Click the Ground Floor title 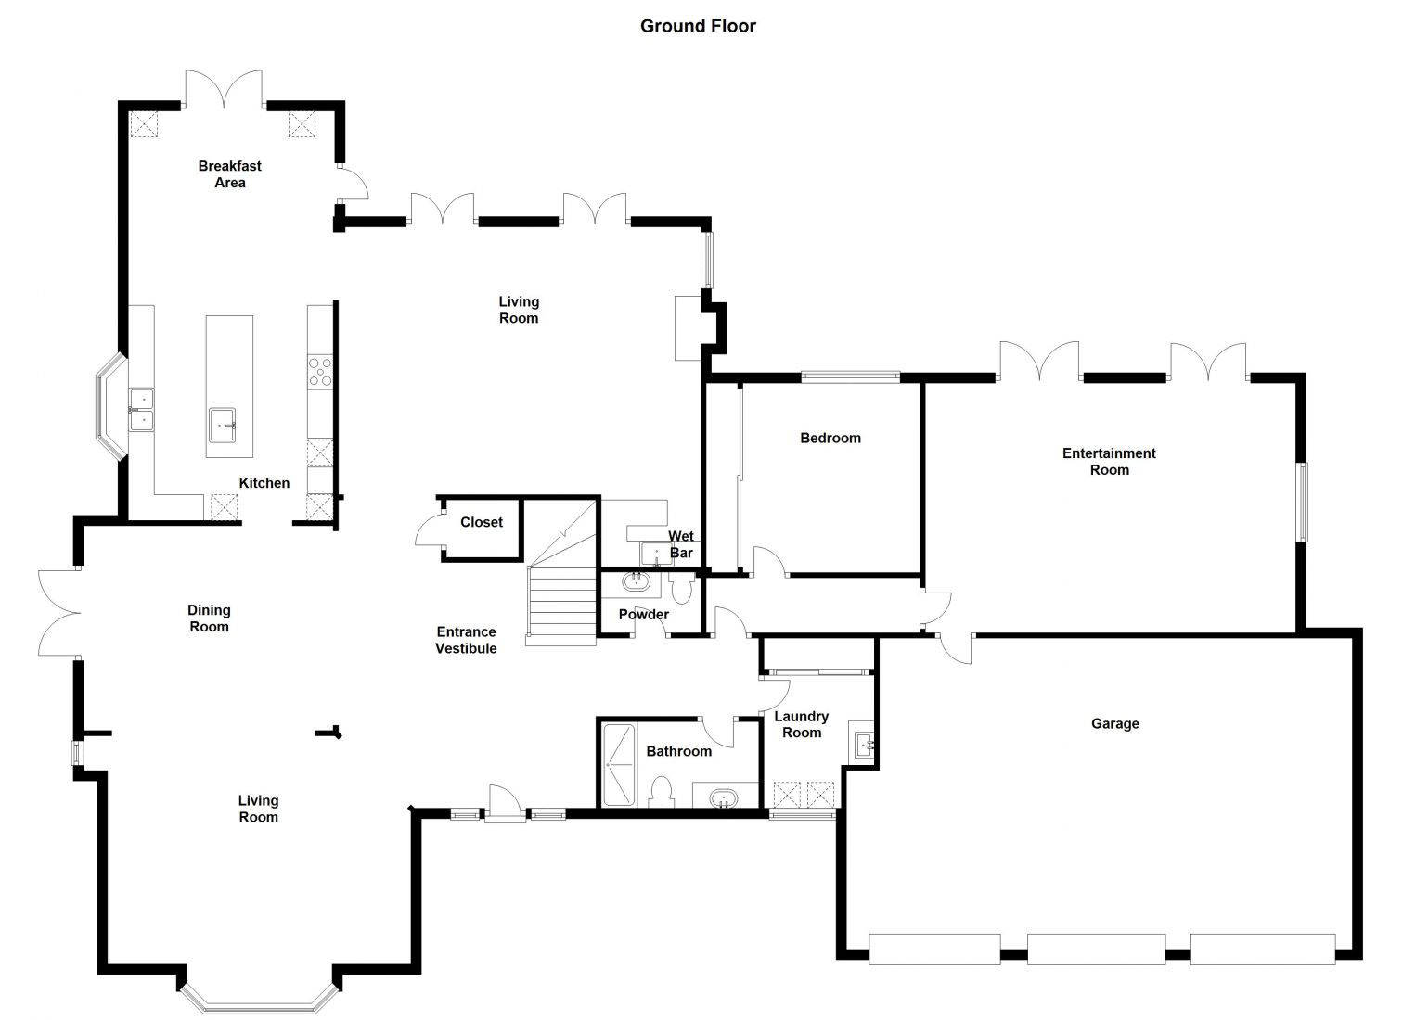click(698, 26)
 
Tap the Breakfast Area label click(230, 174)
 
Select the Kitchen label click(264, 483)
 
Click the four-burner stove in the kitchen click(320, 372)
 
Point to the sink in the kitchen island click(223, 425)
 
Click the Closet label click(481, 522)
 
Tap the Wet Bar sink click(656, 554)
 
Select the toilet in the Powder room click(681, 588)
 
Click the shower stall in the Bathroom click(618, 765)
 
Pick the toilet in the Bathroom click(662, 792)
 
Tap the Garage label click(1115, 723)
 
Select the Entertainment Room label click(1109, 461)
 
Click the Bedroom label click(830, 438)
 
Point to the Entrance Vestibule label click(466, 640)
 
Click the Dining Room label click(209, 618)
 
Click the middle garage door click(1096, 949)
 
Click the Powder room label click(643, 615)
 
